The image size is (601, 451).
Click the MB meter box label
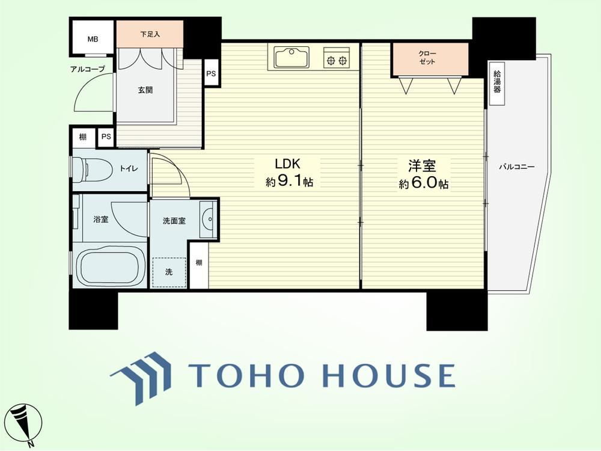tap(93, 39)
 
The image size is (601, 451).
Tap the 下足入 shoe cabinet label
tap(150, 34)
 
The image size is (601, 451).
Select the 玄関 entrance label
tap(145, 90)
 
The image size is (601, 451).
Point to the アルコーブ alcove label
tap(87, 69)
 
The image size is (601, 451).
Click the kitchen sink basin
tap(291, 57)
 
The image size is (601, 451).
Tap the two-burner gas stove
tap(337, 58)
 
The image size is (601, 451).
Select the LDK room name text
tap(287, 164)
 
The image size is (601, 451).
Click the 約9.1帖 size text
tap(290, 182)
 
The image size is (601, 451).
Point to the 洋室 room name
tap(422, 166)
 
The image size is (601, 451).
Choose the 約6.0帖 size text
tap(424, 183)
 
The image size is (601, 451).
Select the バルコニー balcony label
tap(517, 167)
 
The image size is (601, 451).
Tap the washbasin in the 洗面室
tap(208, 219)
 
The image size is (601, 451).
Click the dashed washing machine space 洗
tap(169, 272)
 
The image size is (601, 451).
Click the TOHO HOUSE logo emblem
tap(140, 378)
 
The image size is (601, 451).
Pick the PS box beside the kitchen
tap(211, 73)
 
